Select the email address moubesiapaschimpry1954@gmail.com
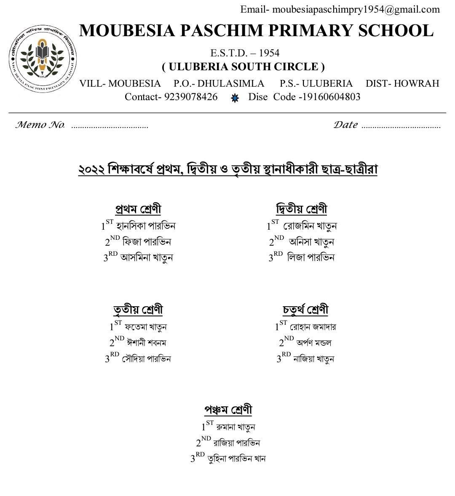click(356, 9)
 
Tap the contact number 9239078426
click(191, 97)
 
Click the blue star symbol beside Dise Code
click(235, 98)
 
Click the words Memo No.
click(40, 125)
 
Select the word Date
click(345, 125)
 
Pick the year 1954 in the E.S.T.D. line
click(269, 53)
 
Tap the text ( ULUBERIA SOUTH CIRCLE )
click(244, 67)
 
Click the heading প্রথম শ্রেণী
click(138, 209)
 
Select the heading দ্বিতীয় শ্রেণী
click(302, 209)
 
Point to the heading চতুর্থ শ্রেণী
click(305, 310)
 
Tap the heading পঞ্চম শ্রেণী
click(228, 410)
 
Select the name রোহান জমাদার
click(313, 327)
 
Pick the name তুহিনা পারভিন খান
click(236, 459)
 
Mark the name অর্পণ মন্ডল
click(314, 343)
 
